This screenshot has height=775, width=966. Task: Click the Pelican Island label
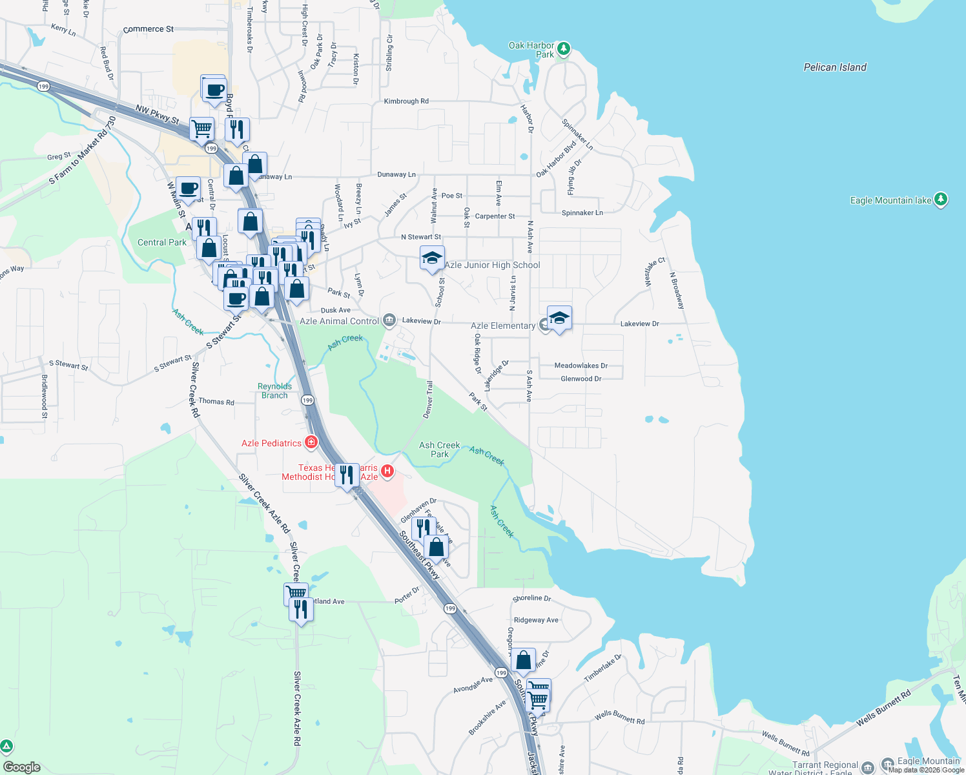point(834,67)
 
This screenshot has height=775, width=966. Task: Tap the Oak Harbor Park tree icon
point(563,49)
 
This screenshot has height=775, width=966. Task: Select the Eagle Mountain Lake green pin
point(941,200)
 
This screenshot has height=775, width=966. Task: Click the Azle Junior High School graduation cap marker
point(432,258)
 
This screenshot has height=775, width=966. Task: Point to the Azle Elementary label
point(502,326)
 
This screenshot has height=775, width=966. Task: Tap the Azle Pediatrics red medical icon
point(311,442)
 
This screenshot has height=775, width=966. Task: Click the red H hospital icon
point(387,471)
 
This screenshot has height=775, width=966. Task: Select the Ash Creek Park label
point(439,449)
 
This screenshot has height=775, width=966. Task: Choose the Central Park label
point(161,243)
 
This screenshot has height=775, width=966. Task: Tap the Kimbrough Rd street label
point(406,101)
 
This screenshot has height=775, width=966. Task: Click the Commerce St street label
point(148,29)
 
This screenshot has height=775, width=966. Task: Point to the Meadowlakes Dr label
point(581,366)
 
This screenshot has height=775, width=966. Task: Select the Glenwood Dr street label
point(581,379)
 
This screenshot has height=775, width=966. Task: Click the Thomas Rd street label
point(216,402)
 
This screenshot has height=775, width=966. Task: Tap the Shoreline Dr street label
point(531,599)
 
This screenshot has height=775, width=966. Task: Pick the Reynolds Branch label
point(274,391)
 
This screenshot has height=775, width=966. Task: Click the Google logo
point(22,767)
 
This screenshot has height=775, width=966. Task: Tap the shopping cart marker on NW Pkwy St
point(201,128)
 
